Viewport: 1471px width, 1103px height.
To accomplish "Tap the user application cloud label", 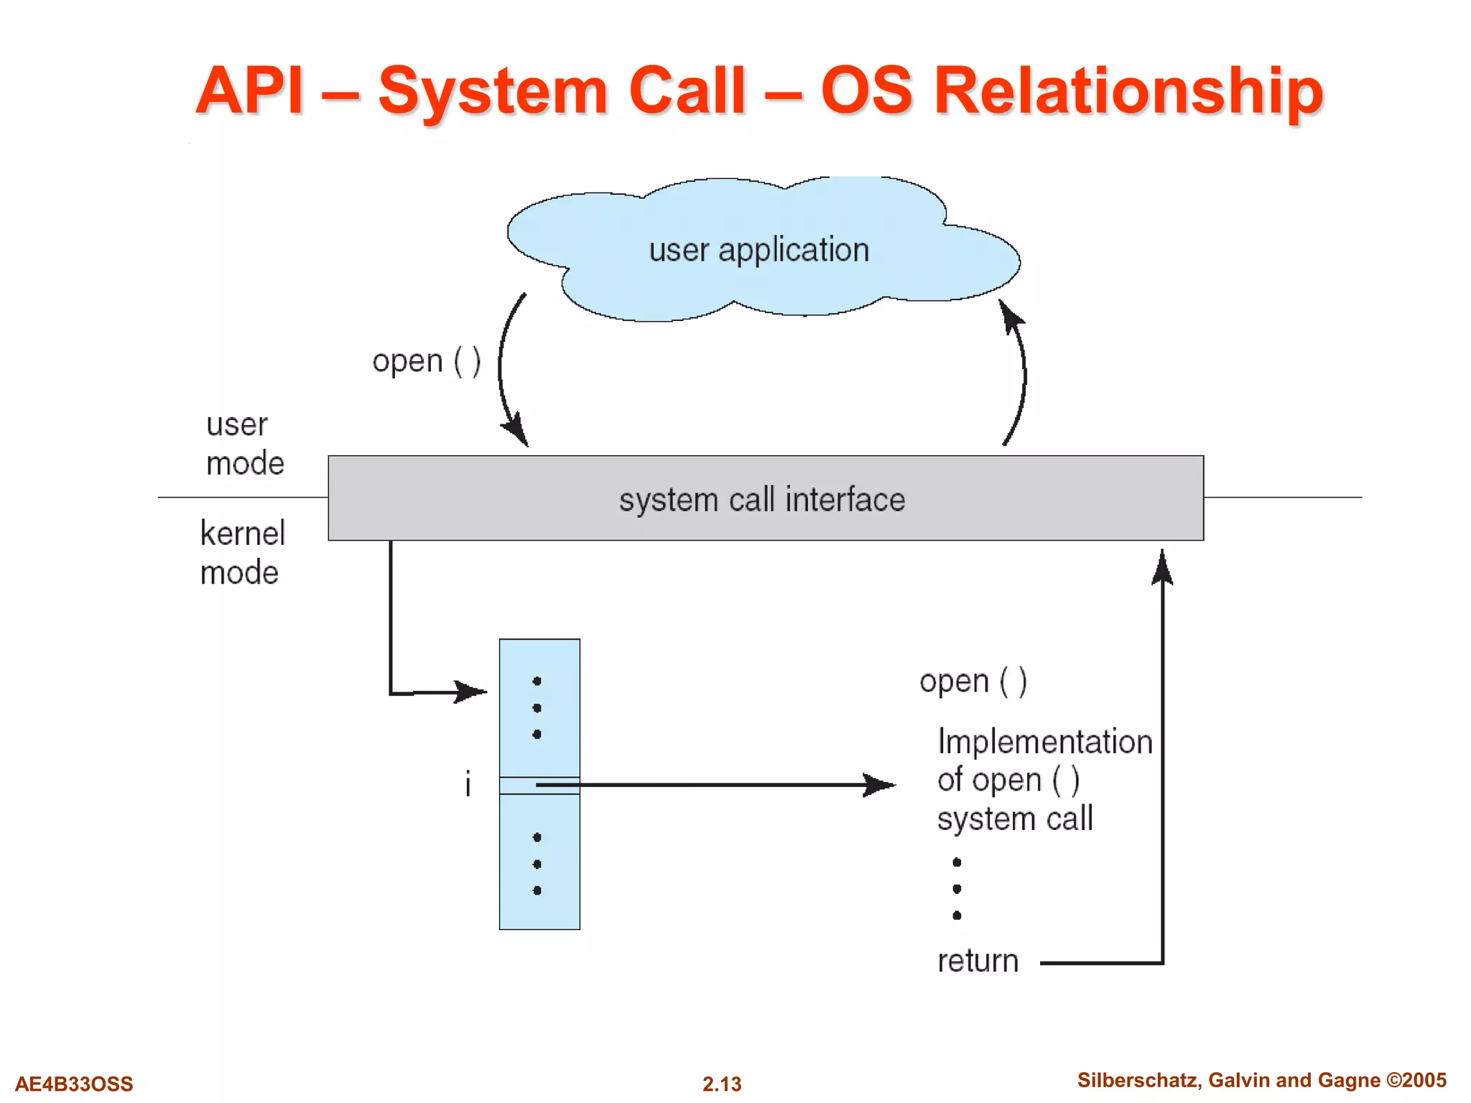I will pos(759,250).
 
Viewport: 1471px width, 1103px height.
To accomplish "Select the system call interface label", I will pos(762,500).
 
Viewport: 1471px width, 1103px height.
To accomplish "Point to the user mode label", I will pos(244,444).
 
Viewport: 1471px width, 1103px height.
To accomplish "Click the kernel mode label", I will pos(242,553).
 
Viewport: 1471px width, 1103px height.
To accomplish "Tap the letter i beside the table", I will pos(468,783).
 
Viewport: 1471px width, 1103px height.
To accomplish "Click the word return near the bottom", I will pos(978,961).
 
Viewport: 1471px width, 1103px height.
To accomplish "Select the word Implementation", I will pos(1044,742).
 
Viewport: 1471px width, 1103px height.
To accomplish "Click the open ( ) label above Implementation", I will pos(973,681).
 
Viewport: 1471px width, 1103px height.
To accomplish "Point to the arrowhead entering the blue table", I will pos(473,692).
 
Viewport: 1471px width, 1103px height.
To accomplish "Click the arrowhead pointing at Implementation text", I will pos(880,785).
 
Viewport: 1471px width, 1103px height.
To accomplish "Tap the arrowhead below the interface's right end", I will pos(1162,567).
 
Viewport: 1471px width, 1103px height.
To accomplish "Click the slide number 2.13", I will pos(722,1084).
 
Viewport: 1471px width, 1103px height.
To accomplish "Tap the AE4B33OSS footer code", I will pos(74,1084).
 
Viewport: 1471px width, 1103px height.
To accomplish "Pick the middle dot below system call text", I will pos(957,889).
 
